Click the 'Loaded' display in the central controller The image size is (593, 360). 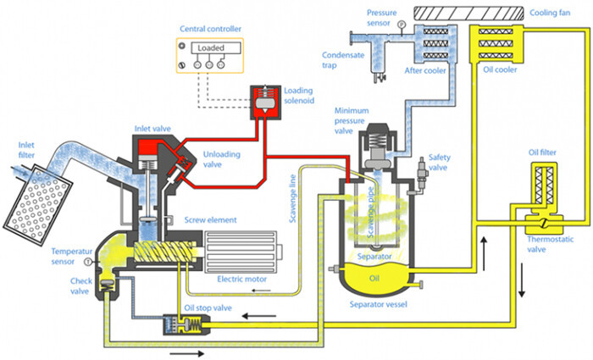(x=210, y=49)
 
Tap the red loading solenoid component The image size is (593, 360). (x=263, y=101)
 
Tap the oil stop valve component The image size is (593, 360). (x=177, y=322)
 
